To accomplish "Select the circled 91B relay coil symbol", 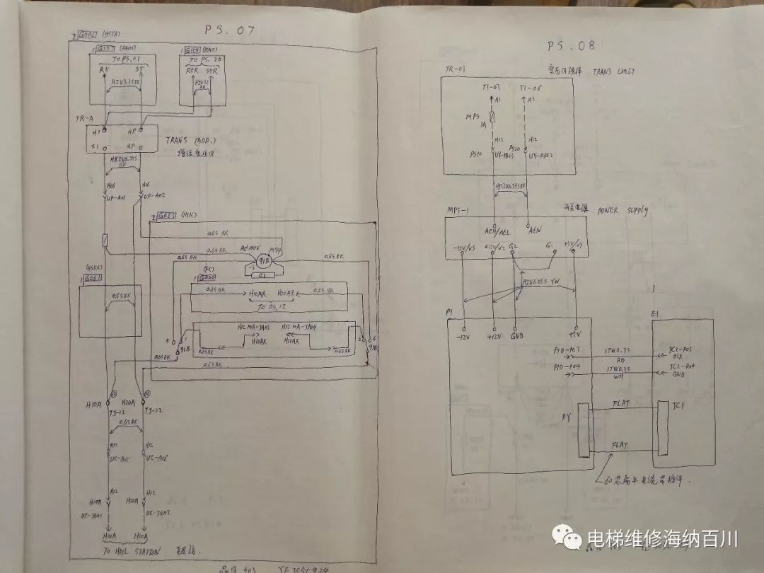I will (x=263, y=262).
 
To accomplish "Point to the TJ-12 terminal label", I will (x=117, y=411).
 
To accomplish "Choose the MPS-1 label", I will (x=456, y=211).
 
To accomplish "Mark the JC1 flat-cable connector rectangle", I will (x=663, y=429).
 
